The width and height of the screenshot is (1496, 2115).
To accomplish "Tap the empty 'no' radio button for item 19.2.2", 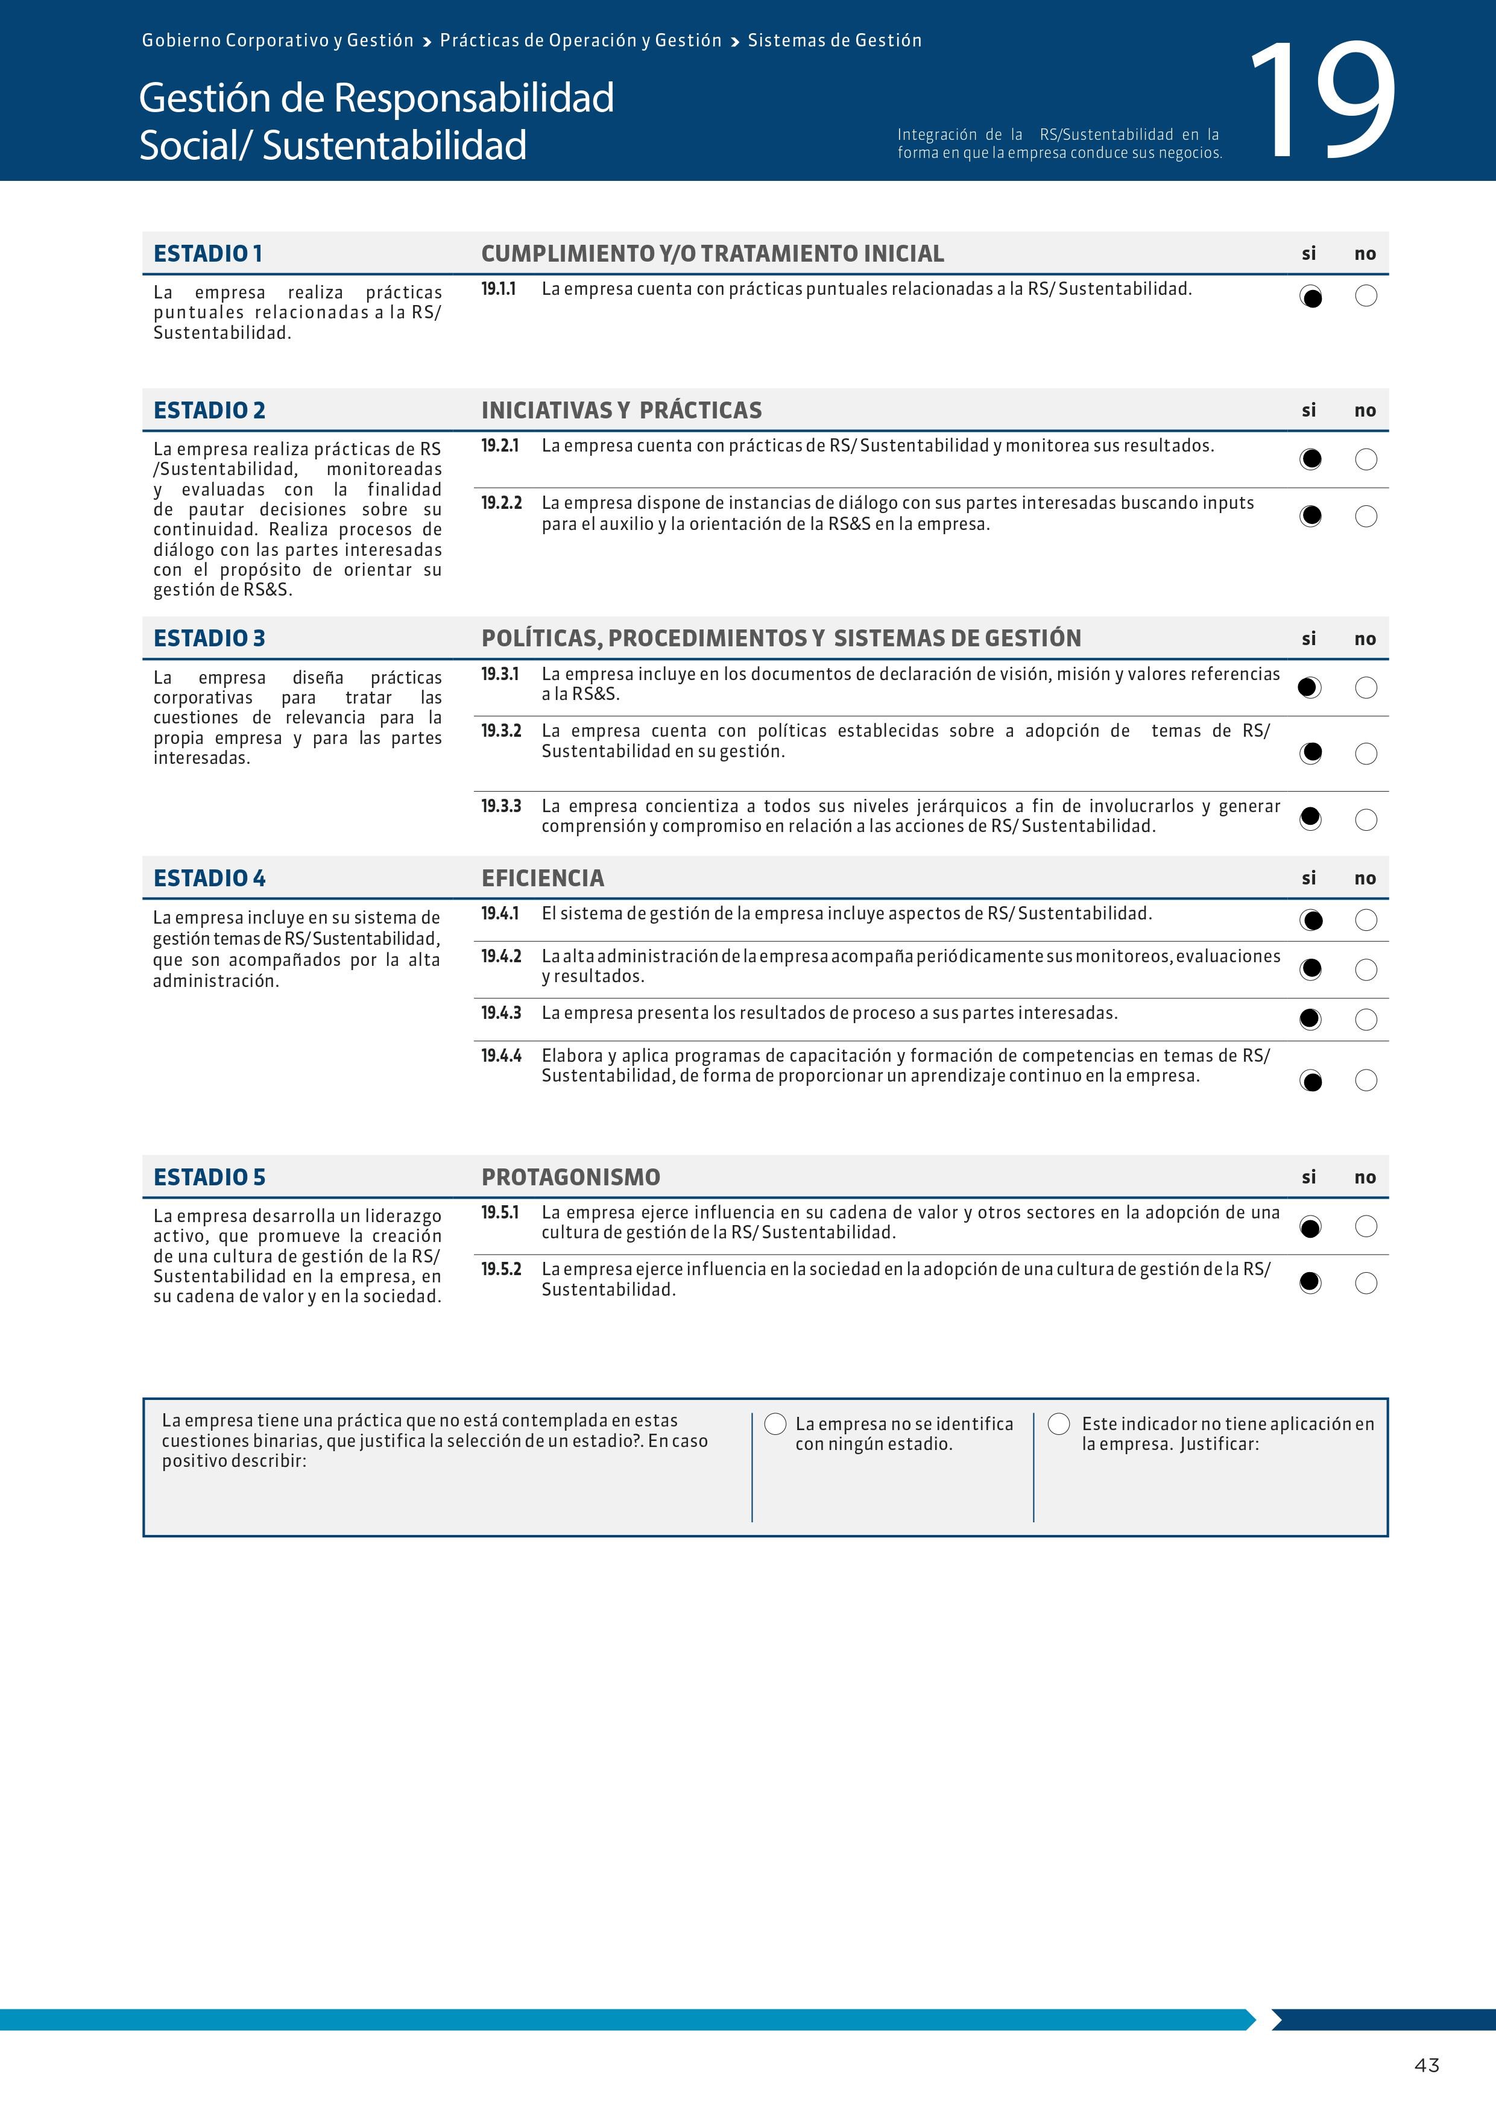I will tap(1366, 517).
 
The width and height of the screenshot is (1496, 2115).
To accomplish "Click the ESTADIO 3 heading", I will tap(209, 638).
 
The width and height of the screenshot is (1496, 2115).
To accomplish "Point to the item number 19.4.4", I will tap(501, 1056).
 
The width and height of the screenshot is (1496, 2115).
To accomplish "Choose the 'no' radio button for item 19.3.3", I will tap(1366, 820).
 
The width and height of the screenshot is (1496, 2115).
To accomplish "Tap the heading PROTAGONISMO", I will tap(570, 1177).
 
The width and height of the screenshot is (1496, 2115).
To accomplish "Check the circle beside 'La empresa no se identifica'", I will tap(775, 1424).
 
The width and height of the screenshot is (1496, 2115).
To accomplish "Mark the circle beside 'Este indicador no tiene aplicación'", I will tap(1059, 1424).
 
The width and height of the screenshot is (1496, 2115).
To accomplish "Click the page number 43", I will tap(1426, 2065).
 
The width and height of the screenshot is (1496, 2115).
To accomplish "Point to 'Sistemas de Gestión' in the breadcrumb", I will tap(835, 40).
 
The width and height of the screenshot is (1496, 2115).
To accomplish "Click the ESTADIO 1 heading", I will tap(208, 253).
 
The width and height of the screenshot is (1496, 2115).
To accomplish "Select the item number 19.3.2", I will tap(501, 731).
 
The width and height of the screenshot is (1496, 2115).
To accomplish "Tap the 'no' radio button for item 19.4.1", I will tap(1366, 920).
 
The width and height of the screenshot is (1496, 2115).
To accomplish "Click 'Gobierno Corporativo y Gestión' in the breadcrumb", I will tap(277, 40).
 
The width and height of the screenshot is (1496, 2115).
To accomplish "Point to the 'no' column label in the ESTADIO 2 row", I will tap(1365, 411).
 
